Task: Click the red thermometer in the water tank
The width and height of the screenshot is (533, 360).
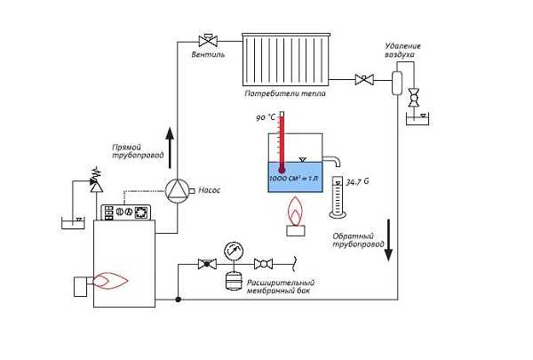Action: coord(280,142)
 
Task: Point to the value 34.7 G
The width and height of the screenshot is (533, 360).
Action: coord(358,181)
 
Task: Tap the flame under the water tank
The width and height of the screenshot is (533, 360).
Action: coord(292,212)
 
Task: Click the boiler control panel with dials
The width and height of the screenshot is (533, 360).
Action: coord(127,212)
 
